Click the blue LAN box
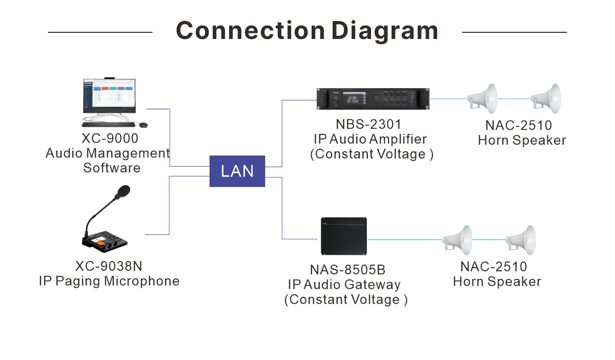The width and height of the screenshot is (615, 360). (237, 171)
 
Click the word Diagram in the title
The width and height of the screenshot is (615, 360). (384, 31)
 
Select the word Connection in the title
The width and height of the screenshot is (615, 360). (250, 31)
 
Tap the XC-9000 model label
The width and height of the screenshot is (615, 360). (110, 139)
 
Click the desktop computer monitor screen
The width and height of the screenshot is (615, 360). (109, 95)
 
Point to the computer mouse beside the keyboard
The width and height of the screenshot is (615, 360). (142, 125)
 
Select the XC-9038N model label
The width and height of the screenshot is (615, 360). (109, 267)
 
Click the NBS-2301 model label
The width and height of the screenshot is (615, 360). (370, 125)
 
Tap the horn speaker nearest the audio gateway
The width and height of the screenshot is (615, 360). (458, 239)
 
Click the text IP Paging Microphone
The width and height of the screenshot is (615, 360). (109, 281)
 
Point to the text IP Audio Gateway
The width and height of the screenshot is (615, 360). (344, 285)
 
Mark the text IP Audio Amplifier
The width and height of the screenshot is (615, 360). (370, 139)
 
